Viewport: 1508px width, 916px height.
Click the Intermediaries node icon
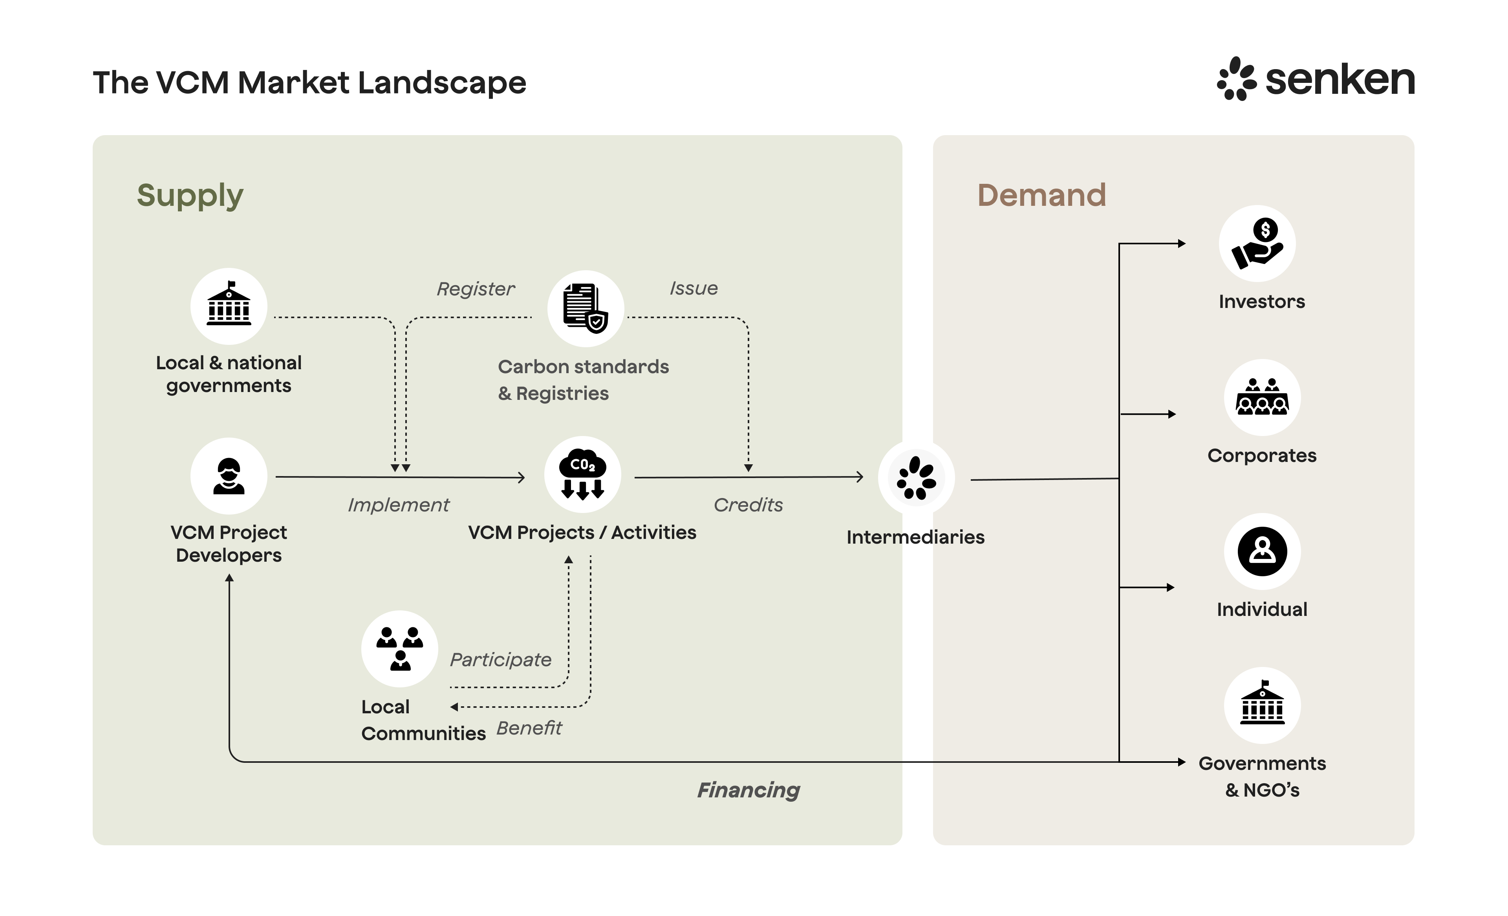click(915, 478)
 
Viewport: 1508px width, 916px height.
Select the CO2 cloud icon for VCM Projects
click(582, 474)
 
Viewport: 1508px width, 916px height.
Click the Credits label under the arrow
click(748, 505)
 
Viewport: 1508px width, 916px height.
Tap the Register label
click(476, 289)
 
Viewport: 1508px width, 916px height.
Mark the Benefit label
click(529, 728)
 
